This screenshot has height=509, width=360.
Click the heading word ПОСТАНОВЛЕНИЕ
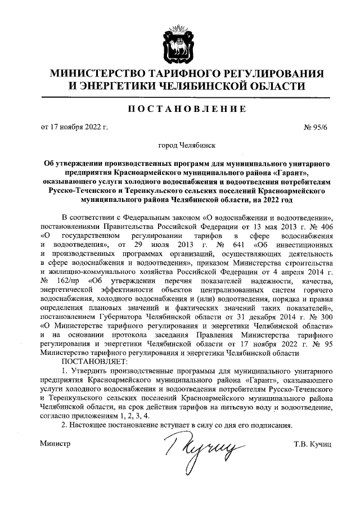click(x=179, y=109)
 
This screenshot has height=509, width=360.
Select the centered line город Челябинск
click(x=179, y=145)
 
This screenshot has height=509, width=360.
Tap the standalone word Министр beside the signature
click(x=55, y=444)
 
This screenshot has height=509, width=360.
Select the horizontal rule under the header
click(x=179, y=97)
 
